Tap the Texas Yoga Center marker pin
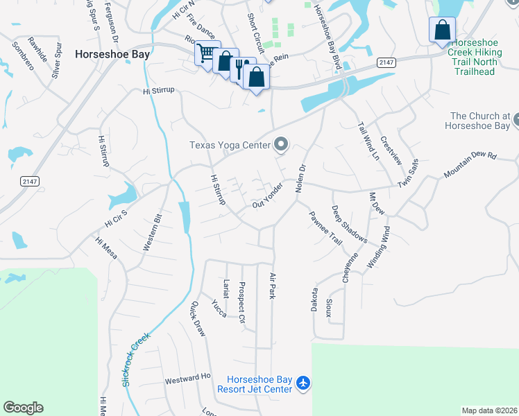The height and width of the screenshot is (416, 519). point(281,145)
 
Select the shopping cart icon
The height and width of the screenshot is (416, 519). point(206,53)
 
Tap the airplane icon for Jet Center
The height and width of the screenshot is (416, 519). point(303,382)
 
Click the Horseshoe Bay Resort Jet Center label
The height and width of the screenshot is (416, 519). point(259,384)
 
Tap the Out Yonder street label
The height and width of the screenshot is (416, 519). point(268,195)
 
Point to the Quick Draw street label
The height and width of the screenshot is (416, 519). point(198,318)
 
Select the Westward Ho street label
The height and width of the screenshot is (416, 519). point(187,378)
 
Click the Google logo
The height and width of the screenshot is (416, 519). point(23,408)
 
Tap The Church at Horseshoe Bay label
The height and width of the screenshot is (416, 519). point(479,121)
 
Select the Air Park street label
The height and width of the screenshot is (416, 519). point(272,286)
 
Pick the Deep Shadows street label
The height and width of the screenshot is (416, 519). point(349,224)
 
